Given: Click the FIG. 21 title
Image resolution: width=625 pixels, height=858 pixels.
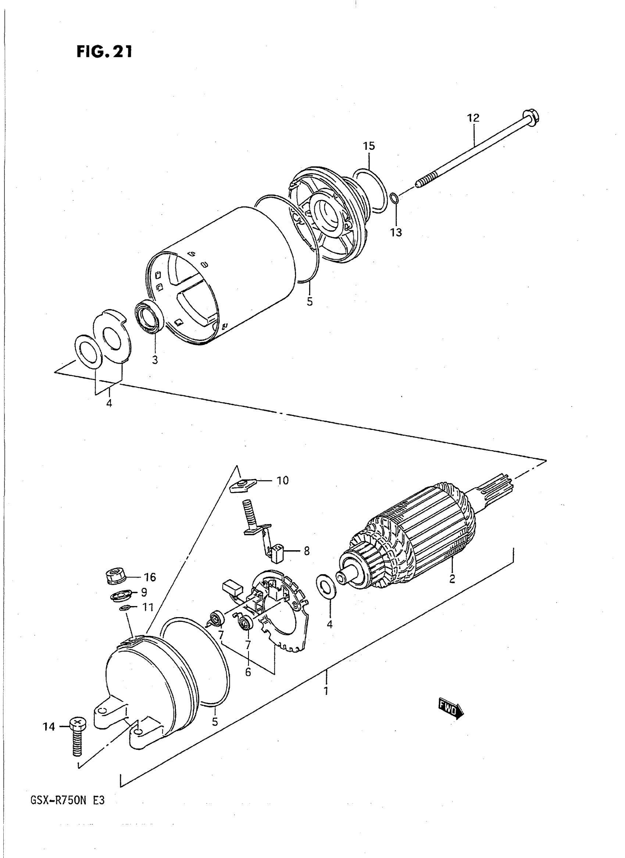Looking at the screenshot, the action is coord(104,51).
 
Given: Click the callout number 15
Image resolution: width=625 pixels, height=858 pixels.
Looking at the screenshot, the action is coord(369,146).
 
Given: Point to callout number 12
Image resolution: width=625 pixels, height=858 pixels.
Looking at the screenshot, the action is coord(473,118).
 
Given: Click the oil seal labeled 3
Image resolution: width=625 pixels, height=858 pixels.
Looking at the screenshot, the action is coord(149,316).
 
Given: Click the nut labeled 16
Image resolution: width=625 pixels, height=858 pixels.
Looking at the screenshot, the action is coord(115,576).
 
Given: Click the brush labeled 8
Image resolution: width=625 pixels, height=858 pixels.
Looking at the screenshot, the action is coord(275,550).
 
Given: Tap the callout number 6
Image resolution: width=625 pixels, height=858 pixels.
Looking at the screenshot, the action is coord(248,672).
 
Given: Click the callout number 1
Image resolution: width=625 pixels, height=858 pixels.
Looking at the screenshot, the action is coord(325,691).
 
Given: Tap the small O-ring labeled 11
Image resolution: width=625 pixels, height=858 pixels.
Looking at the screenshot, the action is coord(125,608).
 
